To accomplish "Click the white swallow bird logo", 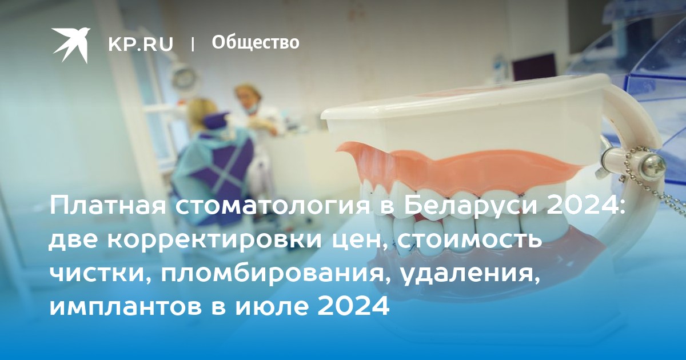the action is click(x=71, y=45).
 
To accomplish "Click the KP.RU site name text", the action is click(x=141, y=45).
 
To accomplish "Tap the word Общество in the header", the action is click(x=256, y=42).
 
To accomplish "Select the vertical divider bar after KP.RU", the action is click(x=193, y=44).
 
